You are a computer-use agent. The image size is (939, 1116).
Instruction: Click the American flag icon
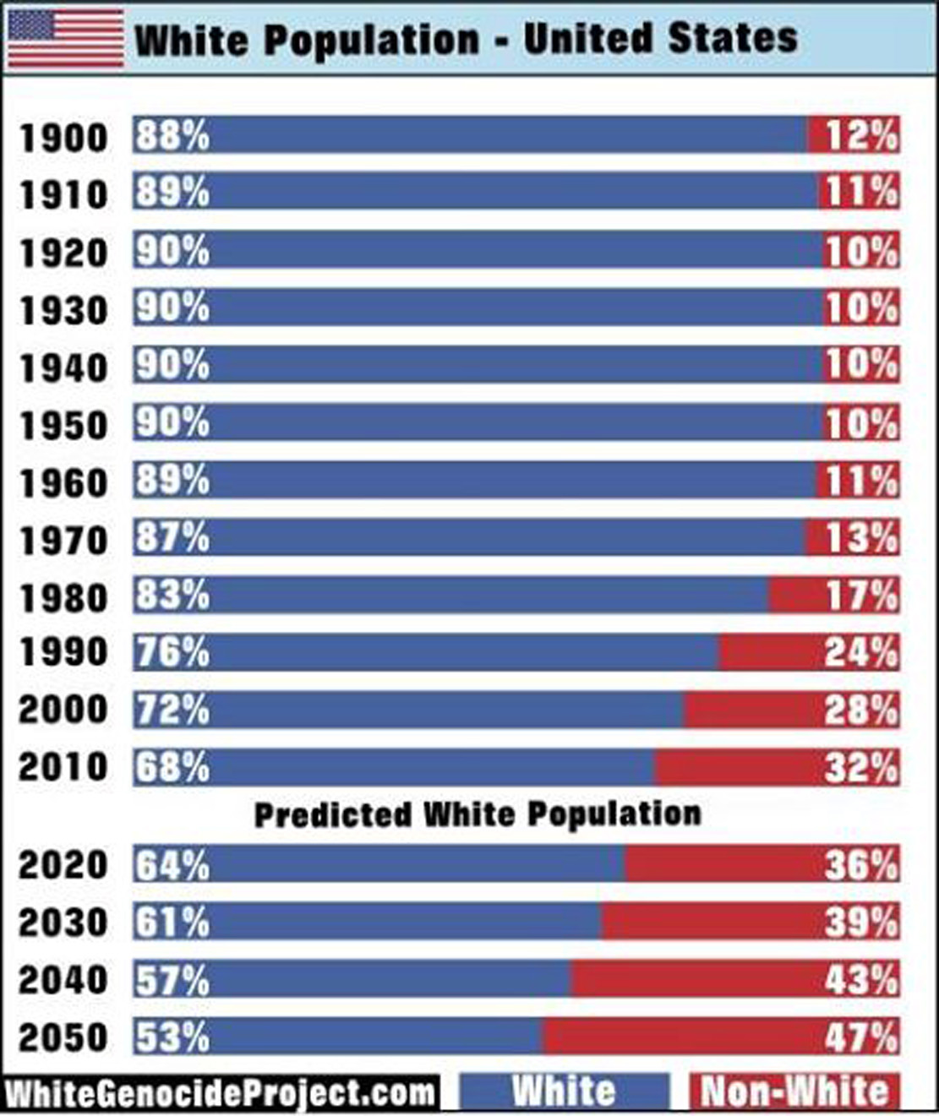[66, 39]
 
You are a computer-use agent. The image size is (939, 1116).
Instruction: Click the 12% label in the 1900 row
[860, 135]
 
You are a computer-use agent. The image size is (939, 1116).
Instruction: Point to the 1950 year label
[63, 426]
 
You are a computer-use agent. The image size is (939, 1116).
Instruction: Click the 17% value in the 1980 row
[860, 596]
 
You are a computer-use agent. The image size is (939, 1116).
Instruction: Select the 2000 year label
[63, 710]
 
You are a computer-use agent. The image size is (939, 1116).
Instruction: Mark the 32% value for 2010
[860, 767]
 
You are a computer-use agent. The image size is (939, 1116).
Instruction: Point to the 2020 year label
[63, 865]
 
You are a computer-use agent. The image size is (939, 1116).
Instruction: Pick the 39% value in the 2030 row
[860, 922]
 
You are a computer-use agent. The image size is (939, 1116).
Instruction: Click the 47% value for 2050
[860, 1037]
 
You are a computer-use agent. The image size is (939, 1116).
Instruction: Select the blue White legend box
[564, 1092]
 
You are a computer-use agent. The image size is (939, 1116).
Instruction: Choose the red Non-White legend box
[794, 1092]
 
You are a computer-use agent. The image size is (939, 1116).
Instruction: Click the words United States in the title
[660, 39]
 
